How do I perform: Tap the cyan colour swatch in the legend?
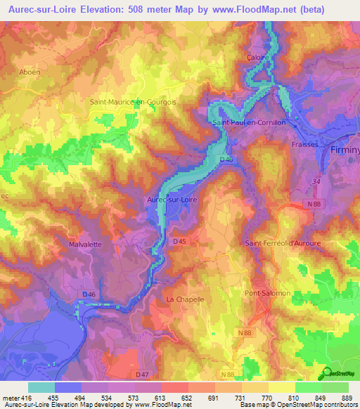point(41,387)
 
